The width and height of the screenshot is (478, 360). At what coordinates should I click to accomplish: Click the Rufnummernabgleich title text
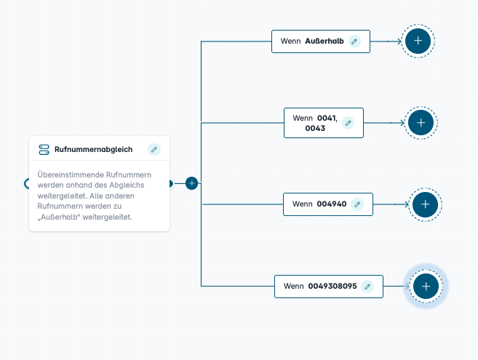coord(93,149)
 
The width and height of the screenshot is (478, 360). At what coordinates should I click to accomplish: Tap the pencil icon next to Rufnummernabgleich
coord(154,149)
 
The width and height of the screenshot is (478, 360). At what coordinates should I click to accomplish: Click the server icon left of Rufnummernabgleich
coord(44,149)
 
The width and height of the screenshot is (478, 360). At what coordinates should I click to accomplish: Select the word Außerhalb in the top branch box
coord(324,41)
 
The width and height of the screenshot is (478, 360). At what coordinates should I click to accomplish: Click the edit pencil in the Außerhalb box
coord(354,41)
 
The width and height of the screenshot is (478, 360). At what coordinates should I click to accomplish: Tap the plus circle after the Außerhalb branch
coord(418,41)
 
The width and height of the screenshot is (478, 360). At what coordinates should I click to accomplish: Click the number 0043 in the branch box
coord(315,128)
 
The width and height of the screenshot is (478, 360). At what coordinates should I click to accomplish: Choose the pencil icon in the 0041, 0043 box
coord(348,123)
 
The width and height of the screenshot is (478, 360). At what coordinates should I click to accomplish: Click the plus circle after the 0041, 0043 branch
coord(421,122)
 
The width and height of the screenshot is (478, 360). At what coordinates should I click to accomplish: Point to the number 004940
coord(332,204)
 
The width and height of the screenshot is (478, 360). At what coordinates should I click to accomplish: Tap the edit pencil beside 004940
coord(357,204)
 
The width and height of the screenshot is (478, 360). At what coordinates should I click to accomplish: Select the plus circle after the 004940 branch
coord(426,204)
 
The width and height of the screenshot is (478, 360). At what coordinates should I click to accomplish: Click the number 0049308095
coord(332,286)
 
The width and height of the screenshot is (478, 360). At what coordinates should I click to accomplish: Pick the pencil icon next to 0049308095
coord(367,287)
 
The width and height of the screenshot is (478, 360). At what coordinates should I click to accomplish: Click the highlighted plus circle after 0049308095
coord(426,287)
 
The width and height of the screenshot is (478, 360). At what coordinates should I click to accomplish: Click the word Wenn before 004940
coord(303,204)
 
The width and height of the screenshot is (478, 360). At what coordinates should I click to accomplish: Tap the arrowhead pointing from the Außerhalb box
coord(399,41)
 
